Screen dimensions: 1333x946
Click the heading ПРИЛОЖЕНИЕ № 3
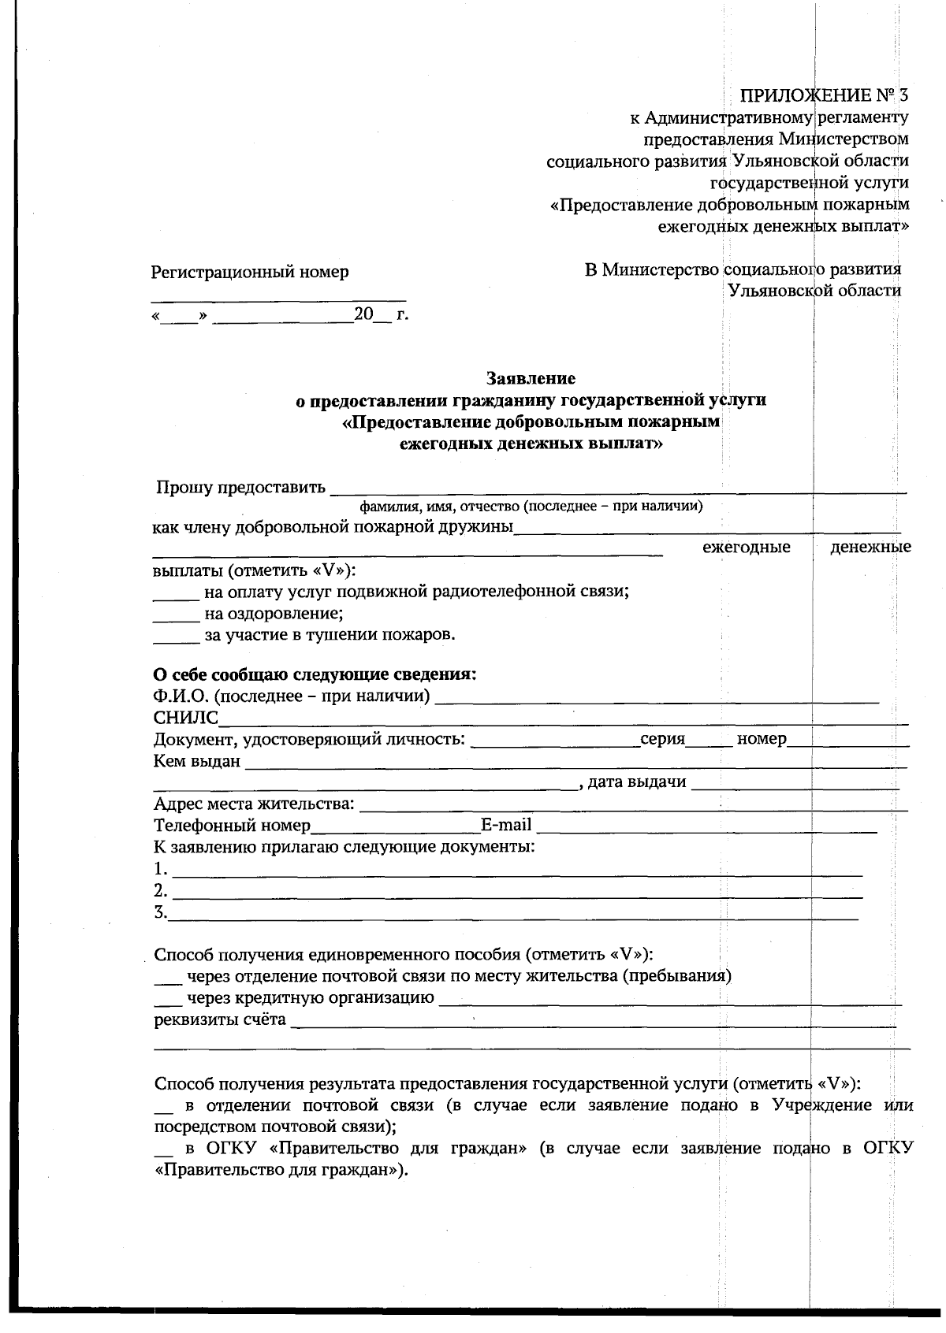(x=823, y=96)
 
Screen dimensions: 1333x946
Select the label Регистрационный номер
(x=250, y=273)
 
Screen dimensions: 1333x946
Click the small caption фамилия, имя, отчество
(x=531, y=506)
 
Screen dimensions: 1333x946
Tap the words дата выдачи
(x=637, y=782)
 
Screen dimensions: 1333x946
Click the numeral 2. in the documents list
(x=161, y=891)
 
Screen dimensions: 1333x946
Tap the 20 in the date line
(x=363, y=314)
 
